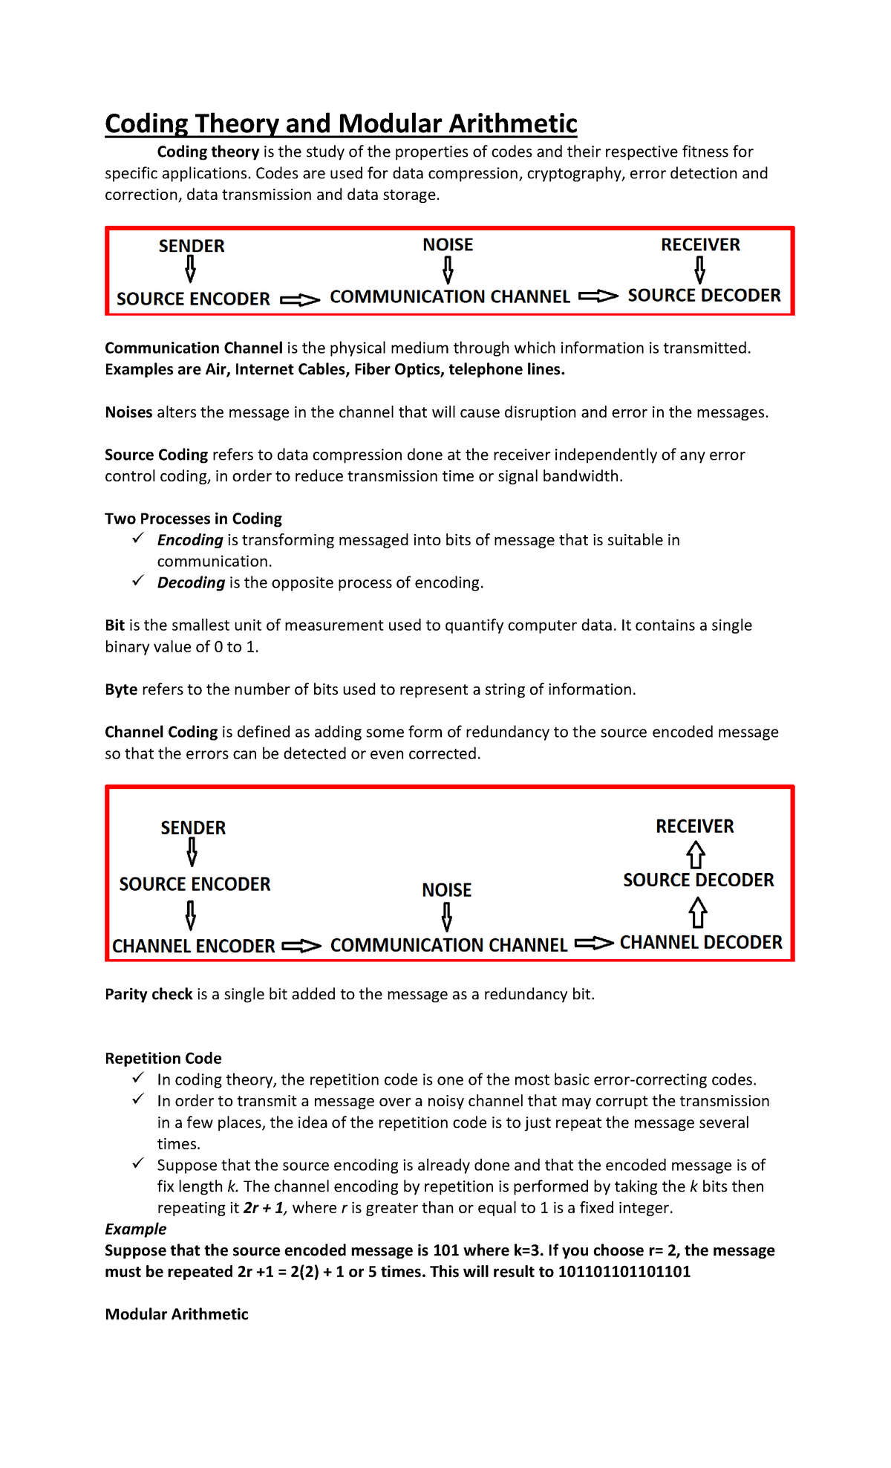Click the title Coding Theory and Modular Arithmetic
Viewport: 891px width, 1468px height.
[x=341, y=123]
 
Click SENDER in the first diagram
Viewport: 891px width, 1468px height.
[x=192, y=246]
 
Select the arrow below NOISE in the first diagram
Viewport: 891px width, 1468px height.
[x=448, y=270]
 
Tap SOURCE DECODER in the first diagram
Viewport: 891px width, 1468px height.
[x=704, y=296]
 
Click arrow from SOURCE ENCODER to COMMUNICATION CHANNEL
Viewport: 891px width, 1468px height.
[x=300, y=300]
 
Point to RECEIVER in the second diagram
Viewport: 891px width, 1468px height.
[x=694, y=826]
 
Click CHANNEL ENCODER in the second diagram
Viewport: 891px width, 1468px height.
[x=194, y=946]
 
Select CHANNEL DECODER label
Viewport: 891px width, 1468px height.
[x=701, y=942]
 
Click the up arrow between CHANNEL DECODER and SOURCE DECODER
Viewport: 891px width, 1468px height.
[x=697, y=912]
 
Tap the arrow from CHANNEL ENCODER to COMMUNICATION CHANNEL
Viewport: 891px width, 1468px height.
[x=301, y=946]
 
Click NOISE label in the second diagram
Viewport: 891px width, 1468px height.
[x=446, y=890]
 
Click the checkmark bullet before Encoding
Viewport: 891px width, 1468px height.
[x=138, y=539]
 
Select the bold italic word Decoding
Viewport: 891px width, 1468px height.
[x=191, y=582]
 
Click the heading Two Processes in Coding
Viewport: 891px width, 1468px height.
[x=193, y=519]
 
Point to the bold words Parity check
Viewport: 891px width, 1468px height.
[x=148, y=994]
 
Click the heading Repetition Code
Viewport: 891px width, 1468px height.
[x=163, y=1058]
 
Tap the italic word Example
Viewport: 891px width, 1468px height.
[x=135, y=1229]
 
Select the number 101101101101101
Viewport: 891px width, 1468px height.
[x=624, y=1271]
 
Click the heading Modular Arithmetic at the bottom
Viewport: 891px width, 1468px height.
[x=177, y=1313]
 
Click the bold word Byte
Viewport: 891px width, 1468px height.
[x=121, y=689]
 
